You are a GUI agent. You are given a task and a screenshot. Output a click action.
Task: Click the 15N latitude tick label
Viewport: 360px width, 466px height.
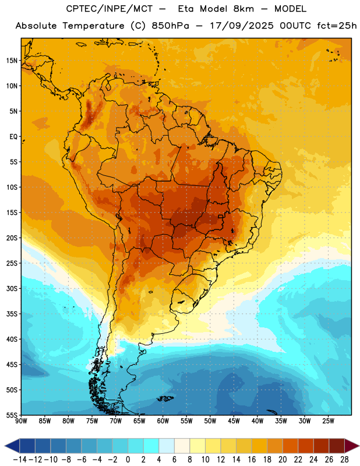pos(12,61)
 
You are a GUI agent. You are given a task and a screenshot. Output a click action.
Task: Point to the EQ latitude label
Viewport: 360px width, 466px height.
pos(13,137)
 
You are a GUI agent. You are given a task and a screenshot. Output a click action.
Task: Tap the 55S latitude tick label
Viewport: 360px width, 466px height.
pos(12,415)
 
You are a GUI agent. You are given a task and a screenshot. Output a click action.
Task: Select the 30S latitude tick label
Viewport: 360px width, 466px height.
pos(12,288)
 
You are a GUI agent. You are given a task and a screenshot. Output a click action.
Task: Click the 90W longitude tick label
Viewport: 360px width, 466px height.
pos(21,421)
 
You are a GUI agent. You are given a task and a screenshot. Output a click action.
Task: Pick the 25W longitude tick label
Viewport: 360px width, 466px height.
pos(328,421)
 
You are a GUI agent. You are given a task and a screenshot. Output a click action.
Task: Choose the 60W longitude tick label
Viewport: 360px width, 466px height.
pos(163,421)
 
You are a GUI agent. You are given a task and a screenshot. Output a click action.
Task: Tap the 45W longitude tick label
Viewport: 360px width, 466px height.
pos(234,421)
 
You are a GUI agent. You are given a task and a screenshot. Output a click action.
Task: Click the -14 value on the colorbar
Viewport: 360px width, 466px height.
pos(20,460)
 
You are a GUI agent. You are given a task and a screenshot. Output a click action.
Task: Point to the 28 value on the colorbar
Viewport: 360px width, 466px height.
pos(344,460)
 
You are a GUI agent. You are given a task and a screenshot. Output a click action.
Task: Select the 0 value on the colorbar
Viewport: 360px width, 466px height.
pos(128,460)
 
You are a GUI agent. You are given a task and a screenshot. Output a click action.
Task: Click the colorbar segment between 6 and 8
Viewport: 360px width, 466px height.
pos(182,446)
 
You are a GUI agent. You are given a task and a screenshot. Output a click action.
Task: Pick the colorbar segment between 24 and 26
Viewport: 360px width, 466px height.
pos(322,446)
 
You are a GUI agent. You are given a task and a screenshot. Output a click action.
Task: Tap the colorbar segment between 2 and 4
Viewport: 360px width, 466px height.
pos(151,446)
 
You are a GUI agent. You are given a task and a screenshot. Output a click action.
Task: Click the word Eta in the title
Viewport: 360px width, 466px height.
pos(186,9)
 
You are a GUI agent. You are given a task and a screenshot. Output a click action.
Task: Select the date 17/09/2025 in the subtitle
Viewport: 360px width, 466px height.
pos(242,26)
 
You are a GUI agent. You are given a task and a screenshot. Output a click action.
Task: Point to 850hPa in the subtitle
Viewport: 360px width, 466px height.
pos(170,26)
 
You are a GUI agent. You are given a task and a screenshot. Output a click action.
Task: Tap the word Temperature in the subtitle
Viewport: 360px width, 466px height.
pos(93,26)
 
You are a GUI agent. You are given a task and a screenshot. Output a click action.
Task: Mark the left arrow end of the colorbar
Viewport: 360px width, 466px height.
pos(5,446)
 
